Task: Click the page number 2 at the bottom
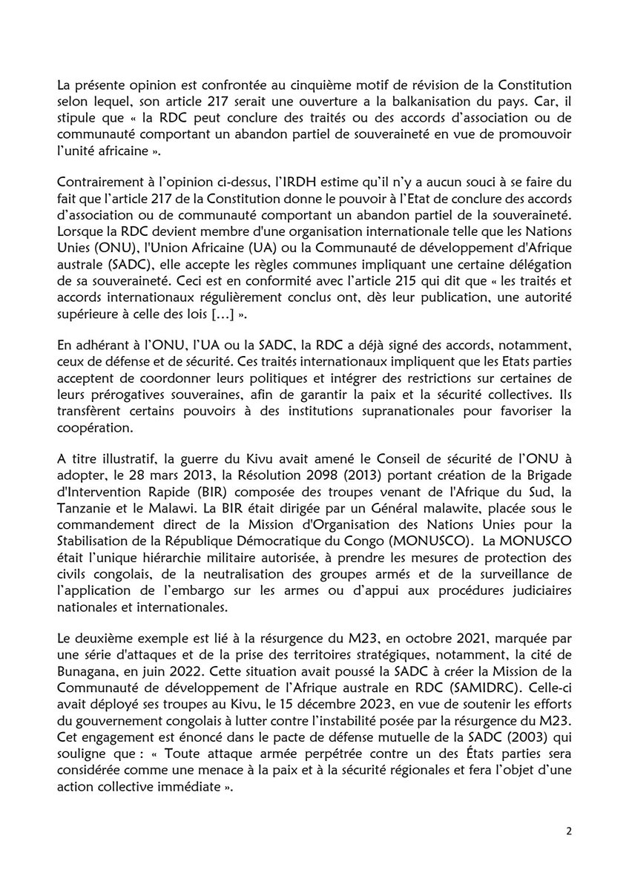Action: coord(568,831)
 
